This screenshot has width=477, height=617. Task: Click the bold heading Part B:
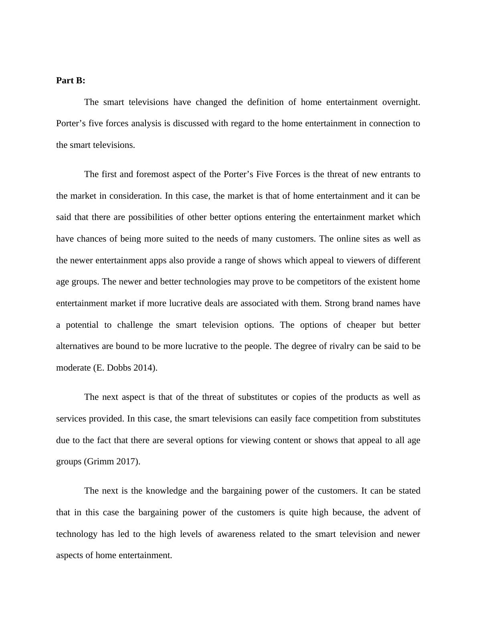[x=71, y=81]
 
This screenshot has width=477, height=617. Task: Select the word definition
[x=265, y=102]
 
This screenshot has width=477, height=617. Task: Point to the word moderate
[x=73, y=368]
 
